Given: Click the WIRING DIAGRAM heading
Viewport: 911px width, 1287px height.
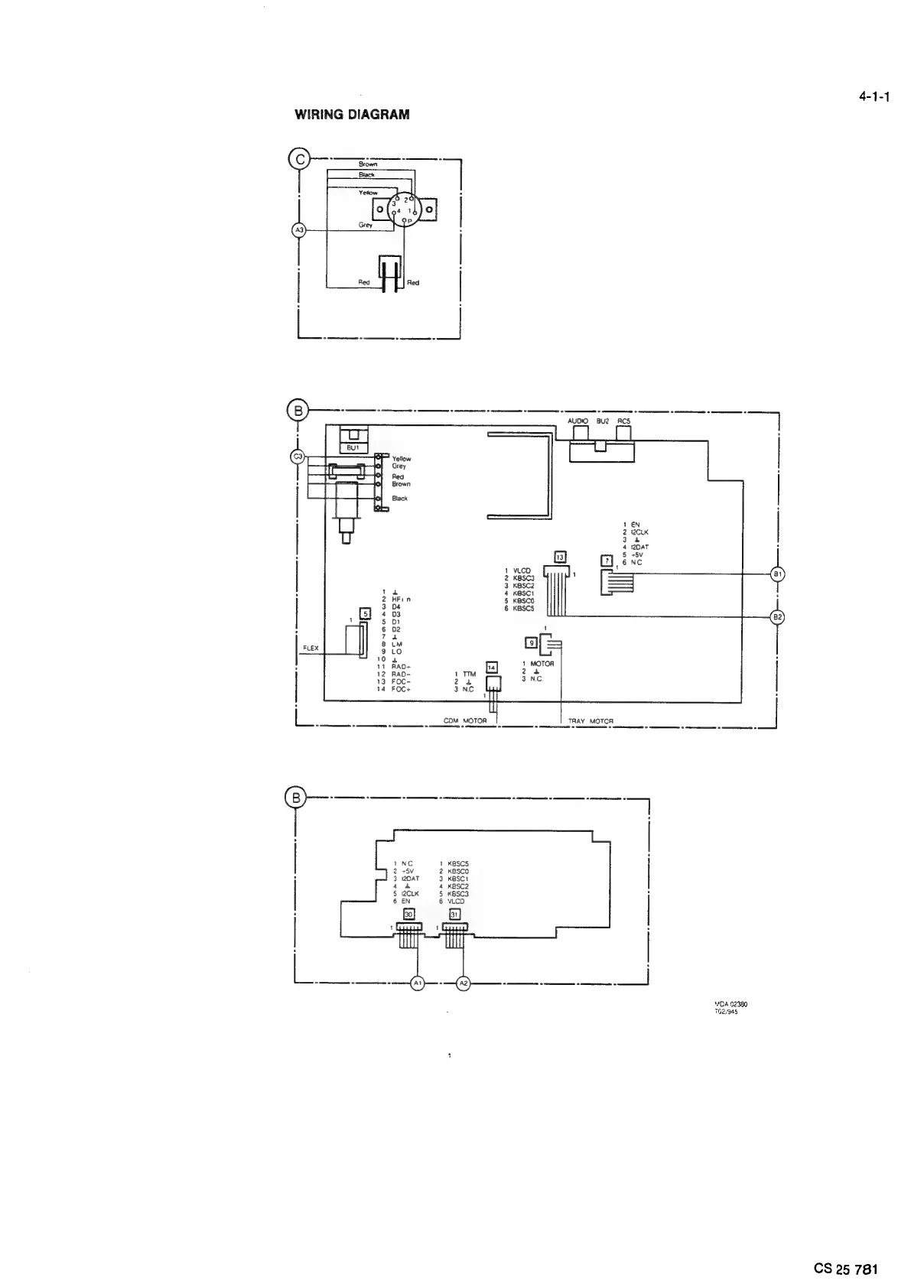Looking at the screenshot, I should [352, 115].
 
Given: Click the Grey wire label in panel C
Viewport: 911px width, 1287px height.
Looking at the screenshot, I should [366, 225].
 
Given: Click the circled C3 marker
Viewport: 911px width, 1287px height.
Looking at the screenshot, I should [299, 457].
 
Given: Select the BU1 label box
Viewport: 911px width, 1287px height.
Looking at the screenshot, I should [353, 447].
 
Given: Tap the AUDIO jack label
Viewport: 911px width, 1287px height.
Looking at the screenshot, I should [578, 421].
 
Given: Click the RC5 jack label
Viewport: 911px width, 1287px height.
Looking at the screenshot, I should [624, 421].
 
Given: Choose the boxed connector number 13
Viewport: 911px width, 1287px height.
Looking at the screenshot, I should [560, 557].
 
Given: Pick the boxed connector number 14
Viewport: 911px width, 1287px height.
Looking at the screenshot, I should [493, 667].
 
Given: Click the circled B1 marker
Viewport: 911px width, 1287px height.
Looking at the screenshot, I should [777, 574].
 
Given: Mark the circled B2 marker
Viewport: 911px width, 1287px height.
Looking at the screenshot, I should [777, 616].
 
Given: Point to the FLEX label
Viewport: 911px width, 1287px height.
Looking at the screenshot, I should [311, 648].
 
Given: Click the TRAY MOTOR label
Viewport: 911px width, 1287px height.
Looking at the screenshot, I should [591, 720].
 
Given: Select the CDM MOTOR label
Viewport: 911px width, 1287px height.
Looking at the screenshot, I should [465, 720].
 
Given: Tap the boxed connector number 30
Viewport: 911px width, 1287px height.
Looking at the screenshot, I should [408, 914].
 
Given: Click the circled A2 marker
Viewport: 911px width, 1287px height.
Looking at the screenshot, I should [464, 983].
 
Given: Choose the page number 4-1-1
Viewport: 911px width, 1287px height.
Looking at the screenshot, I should [874, 97].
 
